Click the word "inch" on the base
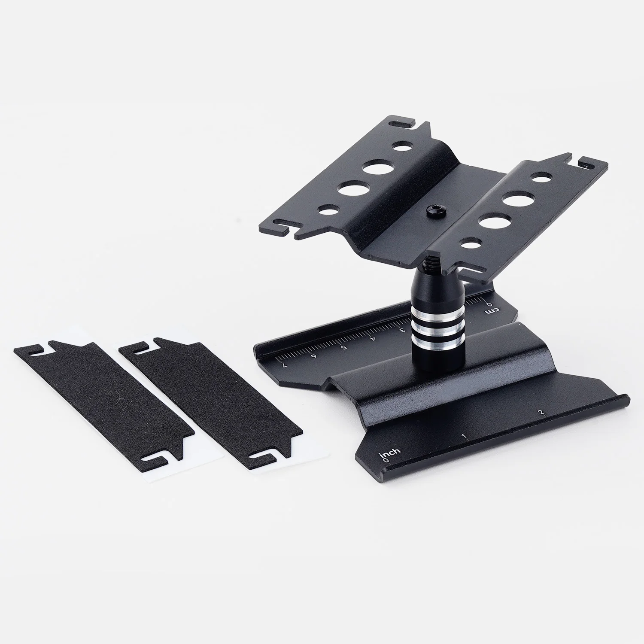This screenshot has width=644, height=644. pyautogui.click(x=389, y=452)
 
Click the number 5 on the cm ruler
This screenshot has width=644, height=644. pyautogui.click(x=343, y=347)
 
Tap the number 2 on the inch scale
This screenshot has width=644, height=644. pyautogui.click(x=542, y=413)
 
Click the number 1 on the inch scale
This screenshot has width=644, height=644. pyautogui.click(x=464, y=437)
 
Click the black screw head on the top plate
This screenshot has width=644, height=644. pyautogui.click(x=430, y=210)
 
